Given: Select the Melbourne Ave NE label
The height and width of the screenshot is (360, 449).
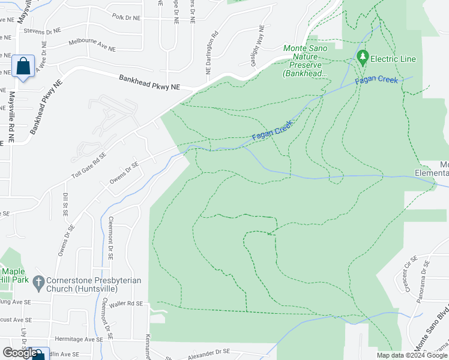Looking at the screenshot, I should coord(92,43).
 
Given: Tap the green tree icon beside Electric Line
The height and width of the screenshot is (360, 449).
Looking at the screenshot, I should coord(362,58).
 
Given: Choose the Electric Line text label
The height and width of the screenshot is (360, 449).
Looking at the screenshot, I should coord(393,59).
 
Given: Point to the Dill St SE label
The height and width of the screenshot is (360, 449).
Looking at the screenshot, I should coord(65,205).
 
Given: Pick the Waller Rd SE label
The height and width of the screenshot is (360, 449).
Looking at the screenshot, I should coord(127,304).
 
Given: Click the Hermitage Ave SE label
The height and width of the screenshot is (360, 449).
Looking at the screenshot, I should coord(79,339).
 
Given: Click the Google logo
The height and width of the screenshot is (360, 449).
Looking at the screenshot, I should coord(19,353).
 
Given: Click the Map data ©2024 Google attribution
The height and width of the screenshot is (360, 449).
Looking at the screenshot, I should coord(411,355).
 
